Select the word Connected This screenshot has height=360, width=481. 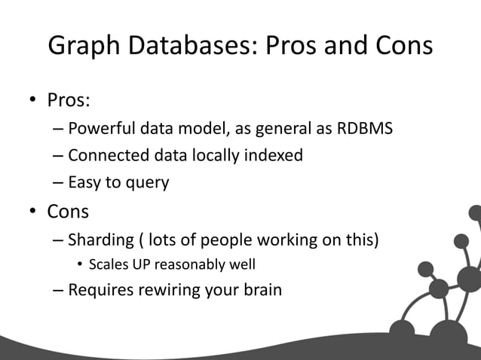pos(104,156)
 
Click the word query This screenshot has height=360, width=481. pos(147,183)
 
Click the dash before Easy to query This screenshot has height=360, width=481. pos(58,183)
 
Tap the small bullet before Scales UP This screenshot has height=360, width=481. pos(79,265)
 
